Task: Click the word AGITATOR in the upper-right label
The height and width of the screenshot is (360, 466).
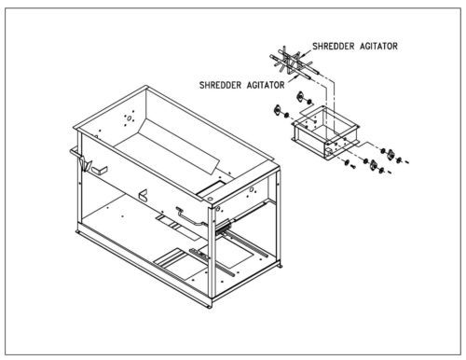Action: click(x=379, y=47)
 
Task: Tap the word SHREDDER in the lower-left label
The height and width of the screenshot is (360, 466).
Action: click(x=220, y=85)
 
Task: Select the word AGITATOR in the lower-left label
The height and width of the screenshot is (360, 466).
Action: click(x=266, y=85)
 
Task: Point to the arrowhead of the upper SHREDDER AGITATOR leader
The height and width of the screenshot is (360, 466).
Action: click(x=302, y=56)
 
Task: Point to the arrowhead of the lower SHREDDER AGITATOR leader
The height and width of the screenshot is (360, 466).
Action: click(x=295, y=76)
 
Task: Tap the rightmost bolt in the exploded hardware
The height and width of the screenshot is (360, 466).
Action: click(x=405, y=161)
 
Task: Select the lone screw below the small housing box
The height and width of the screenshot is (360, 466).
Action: click(x=352, y=167)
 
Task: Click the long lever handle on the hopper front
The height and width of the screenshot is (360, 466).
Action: click(x=190, y=216)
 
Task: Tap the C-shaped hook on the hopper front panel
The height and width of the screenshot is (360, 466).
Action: click(x=144, y=195)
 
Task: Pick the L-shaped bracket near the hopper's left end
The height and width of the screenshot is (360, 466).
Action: click(x=100, y=170)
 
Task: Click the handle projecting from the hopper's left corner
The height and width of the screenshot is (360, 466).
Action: click(x=75, y=153)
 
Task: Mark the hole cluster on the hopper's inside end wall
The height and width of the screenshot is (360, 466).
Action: click(x=129, y=118)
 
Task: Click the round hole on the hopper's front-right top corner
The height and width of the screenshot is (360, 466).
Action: click(x=210, y=198)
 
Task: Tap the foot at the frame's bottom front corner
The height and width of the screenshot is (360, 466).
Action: click(x=210, y=306)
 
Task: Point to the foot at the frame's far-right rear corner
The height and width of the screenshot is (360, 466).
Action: click(x=281, y=266)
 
